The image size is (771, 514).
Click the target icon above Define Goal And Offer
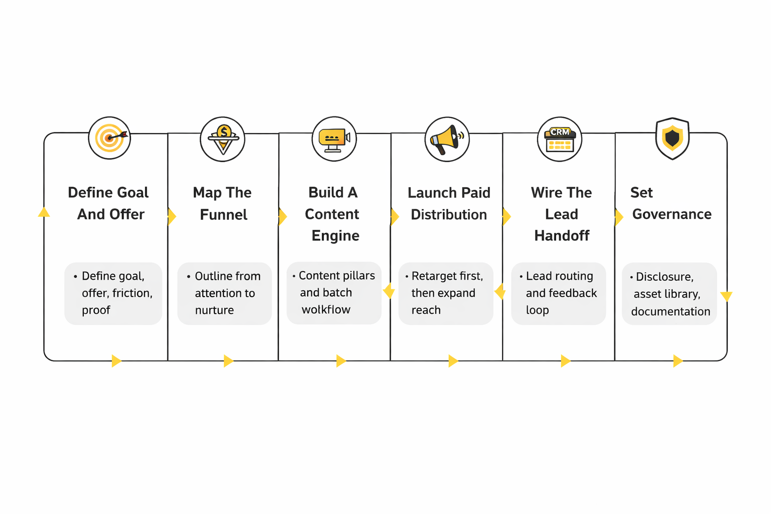tap(109, 138)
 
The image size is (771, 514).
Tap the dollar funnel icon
tap(223, 139)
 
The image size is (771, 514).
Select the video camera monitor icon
tap(334, 139)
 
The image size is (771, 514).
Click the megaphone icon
tap(447, 140)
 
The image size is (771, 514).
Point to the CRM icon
tap(560, 140)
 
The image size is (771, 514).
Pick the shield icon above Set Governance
tap(672, 139)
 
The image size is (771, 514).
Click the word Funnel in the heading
tap(223, 215)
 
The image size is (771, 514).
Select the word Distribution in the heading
tap(449, 215)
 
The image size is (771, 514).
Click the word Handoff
tap(562, 236)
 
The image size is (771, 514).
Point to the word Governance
tap(672, 214)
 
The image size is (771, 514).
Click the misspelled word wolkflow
tap(326, 310)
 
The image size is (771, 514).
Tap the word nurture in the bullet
tap(214, 310)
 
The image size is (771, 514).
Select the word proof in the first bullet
tap(96, 311)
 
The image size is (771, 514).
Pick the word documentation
tap(671, 312)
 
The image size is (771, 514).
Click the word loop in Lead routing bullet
tap(537, 310)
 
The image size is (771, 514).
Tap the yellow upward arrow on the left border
tap(44, 212)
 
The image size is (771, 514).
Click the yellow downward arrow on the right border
tap(726, 297)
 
